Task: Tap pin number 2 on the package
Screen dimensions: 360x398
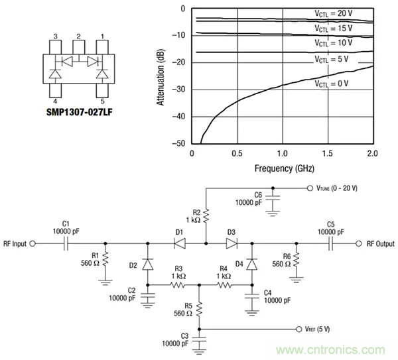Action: tap(78, 36)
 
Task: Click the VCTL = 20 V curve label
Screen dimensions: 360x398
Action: tap(333, 14)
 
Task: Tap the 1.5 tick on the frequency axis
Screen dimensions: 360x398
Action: tap(326, 153)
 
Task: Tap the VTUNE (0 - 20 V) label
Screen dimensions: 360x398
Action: tap(332, 189)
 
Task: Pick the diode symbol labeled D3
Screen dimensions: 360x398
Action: tap(231, 244)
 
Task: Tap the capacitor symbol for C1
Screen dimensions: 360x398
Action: tap(66, 244)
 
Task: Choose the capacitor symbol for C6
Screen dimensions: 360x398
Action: tap(272, 200)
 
